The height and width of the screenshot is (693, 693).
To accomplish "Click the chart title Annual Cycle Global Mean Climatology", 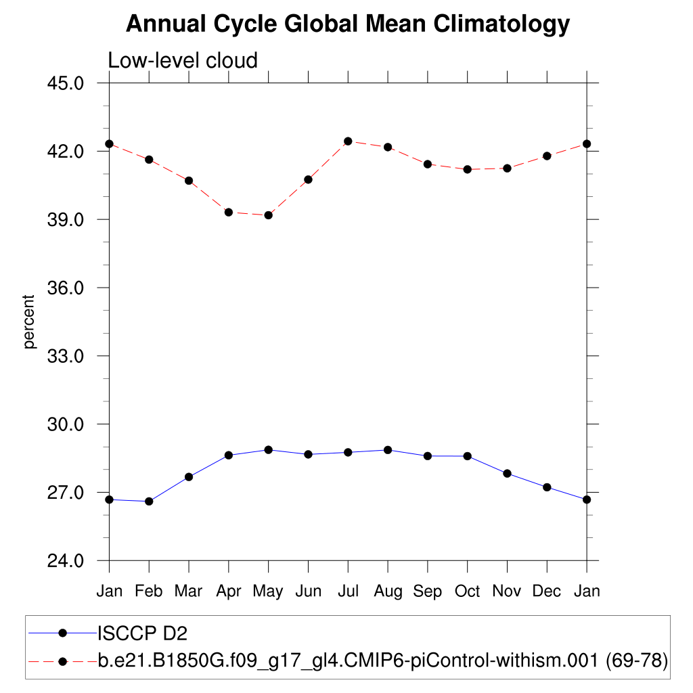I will click(x=348, y=24).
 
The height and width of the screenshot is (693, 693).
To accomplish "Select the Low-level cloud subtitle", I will click(x=183, y=60).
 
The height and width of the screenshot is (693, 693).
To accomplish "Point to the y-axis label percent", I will click(x=29, y=321).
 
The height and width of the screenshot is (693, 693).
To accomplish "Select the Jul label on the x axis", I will click(x=348, y=591).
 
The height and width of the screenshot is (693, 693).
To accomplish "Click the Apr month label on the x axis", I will click(x=229, y=591).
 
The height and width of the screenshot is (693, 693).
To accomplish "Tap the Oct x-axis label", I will click(x=467, y=591).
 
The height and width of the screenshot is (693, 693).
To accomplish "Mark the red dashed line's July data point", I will click(x=348, y=141).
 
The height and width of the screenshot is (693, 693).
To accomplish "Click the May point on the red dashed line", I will click(x=268, y=215).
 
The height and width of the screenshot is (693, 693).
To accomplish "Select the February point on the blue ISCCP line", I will click(x=149, y=501).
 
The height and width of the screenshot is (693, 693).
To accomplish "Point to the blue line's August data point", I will click(x=388, y=449).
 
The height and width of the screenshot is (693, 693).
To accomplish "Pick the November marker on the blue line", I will click(x=507, y=473).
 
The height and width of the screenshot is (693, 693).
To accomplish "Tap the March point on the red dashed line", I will click(x=189, y=181).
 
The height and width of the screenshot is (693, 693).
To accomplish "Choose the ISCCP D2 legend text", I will click(x=142, y=633).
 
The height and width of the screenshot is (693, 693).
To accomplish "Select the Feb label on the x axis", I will click(x=149, y=591).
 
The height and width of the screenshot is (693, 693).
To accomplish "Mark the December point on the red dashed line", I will click(x=547, y=156).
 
